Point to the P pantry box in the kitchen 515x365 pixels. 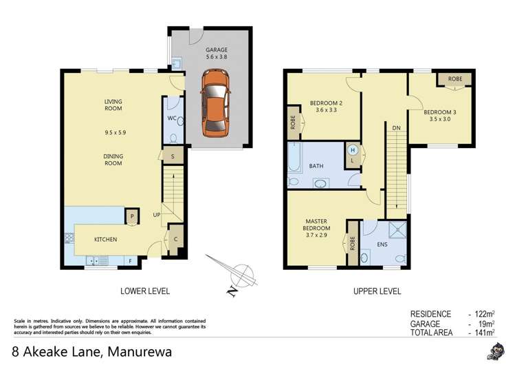131,217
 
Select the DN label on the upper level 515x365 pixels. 396,127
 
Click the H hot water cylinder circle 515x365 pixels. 353,149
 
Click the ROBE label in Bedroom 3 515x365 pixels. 454,79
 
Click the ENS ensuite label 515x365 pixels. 382,244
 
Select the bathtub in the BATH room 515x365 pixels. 294,157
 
